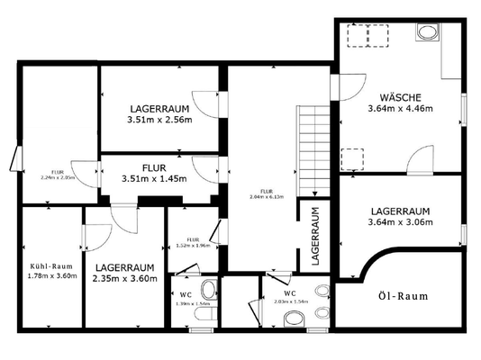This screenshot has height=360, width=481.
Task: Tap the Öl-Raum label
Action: click(x=401, y=295)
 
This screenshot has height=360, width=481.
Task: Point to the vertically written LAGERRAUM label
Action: click(x=315, y=234)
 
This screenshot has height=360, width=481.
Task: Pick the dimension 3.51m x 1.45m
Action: click(x=154, y=179)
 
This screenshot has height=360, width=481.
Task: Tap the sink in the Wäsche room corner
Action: click(x=427, y=33)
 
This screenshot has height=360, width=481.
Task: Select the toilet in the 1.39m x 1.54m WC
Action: click(x=208, y=291)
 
